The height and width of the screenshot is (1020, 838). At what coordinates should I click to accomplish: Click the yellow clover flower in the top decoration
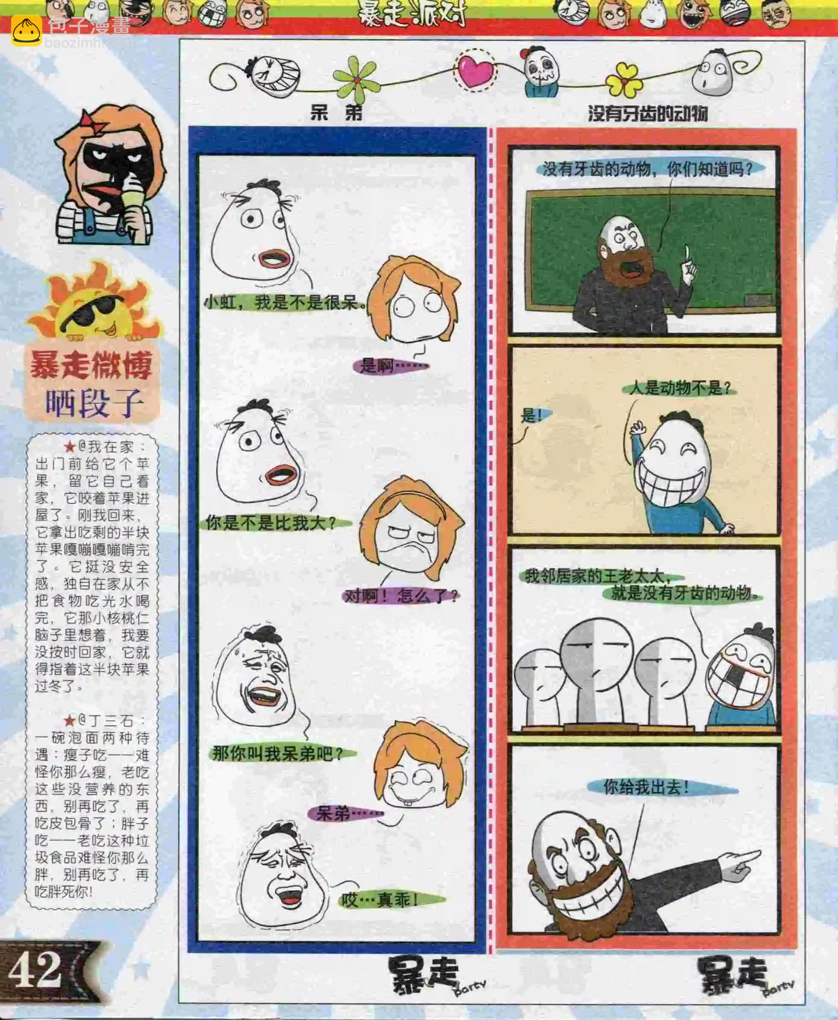tap(625, 80)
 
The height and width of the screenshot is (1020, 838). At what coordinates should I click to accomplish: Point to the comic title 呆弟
tap(336, 113)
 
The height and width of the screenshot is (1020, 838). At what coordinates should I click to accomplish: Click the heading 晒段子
tap(94, 403)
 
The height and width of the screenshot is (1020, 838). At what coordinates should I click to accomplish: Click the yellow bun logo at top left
tap(27, 30)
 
